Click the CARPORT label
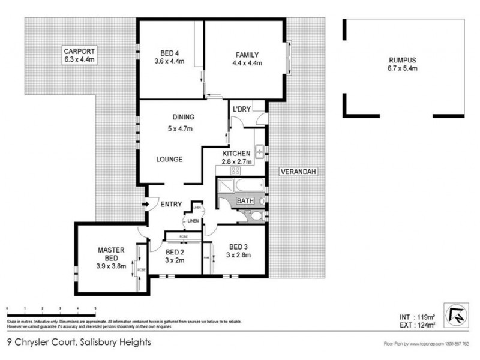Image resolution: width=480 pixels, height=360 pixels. coord(80,52)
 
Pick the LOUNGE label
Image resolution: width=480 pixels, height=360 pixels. coord(169,160)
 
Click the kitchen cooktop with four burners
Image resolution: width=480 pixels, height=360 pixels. coord(227,170)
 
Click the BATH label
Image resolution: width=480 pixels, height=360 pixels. coord(244,201)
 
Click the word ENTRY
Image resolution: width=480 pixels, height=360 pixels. coord(171,205)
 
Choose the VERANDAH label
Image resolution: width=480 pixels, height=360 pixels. coord(298,173)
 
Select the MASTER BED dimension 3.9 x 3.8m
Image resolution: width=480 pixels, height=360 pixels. coord(110,266)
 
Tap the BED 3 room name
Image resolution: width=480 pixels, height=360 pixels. coord(238,247)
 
